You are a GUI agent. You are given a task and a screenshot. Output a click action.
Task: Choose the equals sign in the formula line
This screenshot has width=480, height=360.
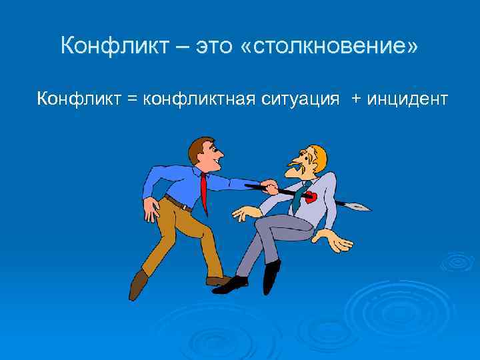(131, 99)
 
